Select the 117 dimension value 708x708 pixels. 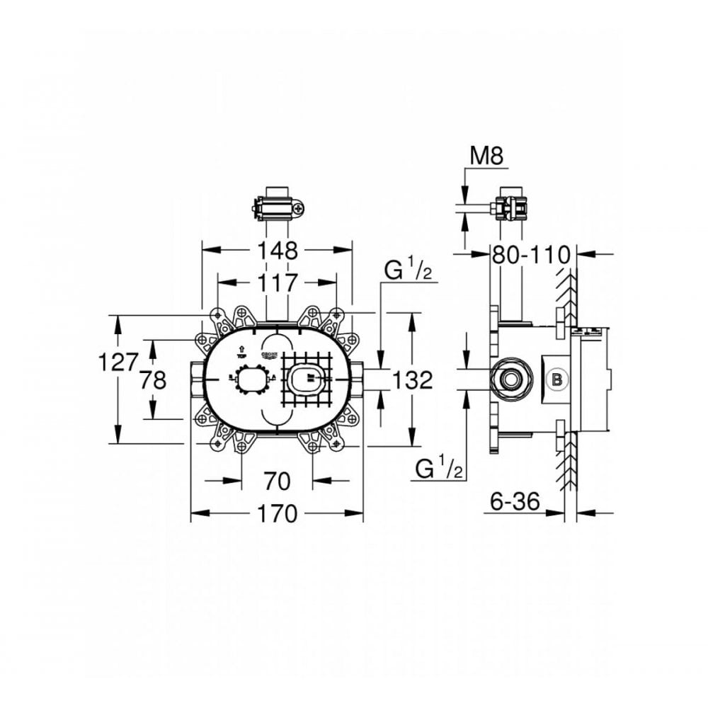[277, 283]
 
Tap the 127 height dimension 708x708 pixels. [118, 362]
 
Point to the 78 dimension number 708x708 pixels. [152, 380]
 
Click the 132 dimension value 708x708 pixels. [412, 380]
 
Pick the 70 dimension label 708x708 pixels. [277, 481]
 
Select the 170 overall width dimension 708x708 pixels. [277, 513]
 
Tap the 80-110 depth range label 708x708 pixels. [532, 253]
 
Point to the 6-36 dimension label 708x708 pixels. [515, 502]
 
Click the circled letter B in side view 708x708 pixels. [557, 380]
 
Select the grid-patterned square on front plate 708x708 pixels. [306, 380]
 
